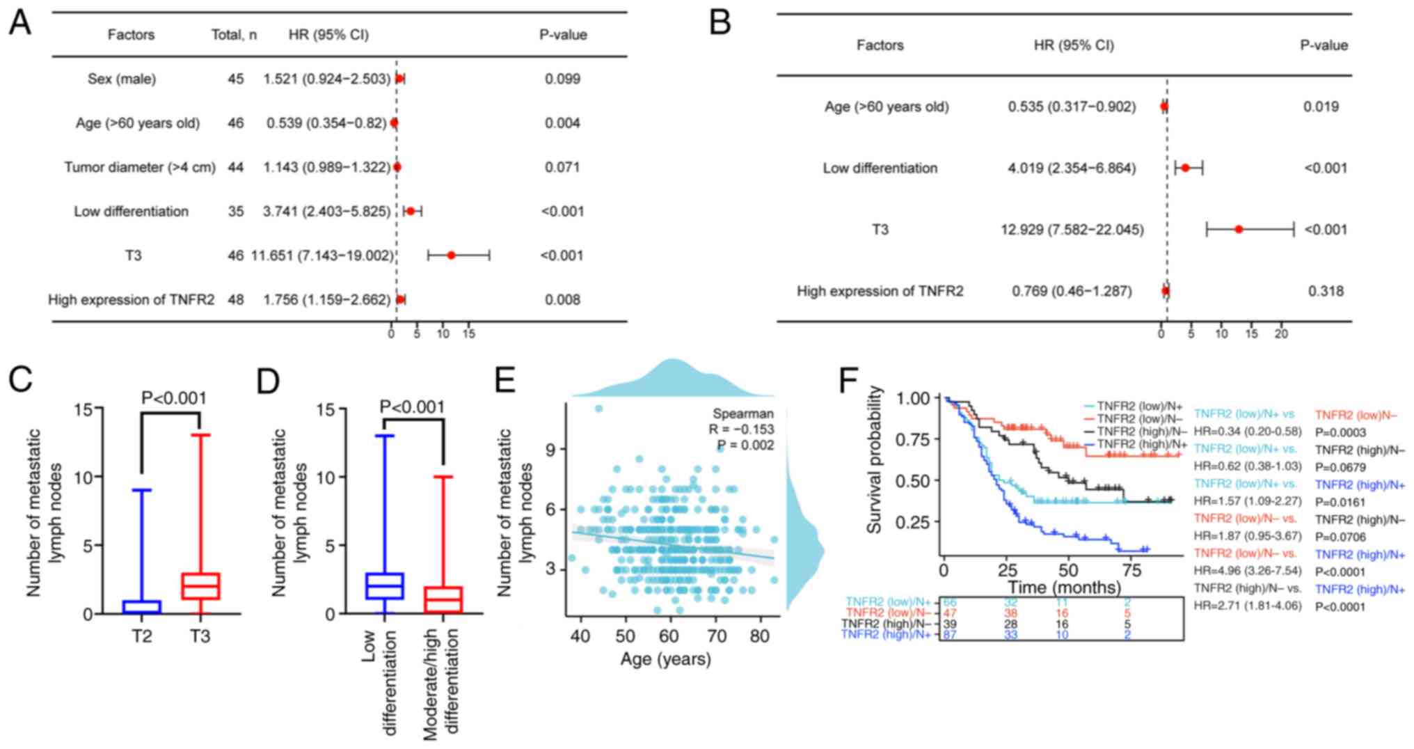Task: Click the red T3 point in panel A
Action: click(x=451, y=255)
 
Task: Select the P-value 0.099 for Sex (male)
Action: click(x=562, y=79)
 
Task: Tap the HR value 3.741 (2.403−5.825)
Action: click(x=327, y=211)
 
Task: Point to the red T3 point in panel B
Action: click(x=1239, y=229)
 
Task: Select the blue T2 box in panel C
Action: click(x=141, y=607)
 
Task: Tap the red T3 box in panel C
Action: click(x=200, y=586)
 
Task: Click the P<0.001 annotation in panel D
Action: click(x=413, y=407)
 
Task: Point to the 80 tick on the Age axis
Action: click(x=761, y=636)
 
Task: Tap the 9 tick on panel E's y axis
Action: click(x=550, y=449)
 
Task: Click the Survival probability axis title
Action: click(x=875, y=459)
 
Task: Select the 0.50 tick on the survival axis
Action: click(x=913, y=481)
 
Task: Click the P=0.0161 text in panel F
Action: click(x=1340, y=503)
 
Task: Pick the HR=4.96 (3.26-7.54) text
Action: click(x=1238, y=571)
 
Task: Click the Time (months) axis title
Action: click(x=1065, y=588)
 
